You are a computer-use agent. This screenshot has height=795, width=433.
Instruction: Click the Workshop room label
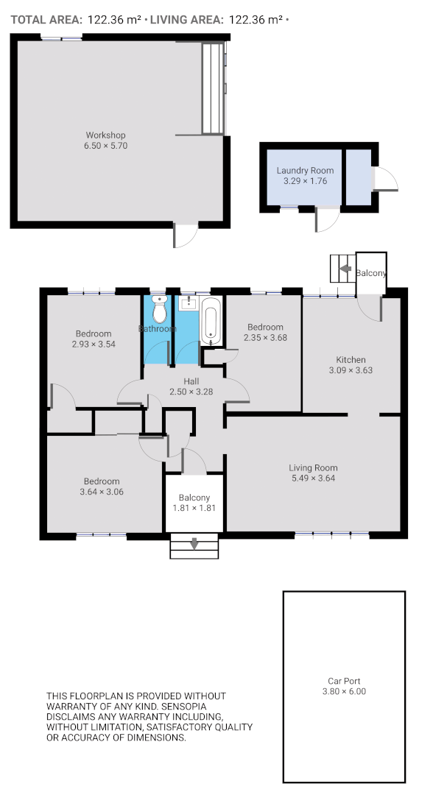(105, 135)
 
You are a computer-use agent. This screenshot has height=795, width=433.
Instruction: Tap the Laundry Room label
(299, 171)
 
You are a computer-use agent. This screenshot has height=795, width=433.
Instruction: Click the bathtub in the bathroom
(210, 325)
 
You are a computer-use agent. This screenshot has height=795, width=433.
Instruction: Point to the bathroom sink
(188, 302)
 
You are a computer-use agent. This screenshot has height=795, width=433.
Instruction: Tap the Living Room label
(313, 467)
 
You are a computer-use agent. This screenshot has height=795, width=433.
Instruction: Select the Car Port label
(344, 681)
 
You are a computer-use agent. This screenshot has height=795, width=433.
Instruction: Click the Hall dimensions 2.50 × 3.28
(191, 392)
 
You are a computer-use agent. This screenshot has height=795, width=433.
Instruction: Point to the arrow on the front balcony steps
(194, 544)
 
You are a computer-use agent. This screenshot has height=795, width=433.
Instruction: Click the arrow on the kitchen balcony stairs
(344, 269)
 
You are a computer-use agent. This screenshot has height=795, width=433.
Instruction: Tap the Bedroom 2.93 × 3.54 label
(94, 333)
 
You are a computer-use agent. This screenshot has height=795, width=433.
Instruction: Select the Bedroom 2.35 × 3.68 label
(265, 328)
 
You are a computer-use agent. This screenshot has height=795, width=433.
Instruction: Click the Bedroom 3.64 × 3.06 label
(102, 481)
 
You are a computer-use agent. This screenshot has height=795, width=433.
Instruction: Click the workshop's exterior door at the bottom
(185, 236)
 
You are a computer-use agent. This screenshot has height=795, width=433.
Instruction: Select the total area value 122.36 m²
(114, 20)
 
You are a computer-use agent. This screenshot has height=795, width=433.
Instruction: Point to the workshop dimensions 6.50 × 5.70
(105, 146)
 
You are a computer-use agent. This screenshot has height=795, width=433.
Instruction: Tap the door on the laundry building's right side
(385, 178)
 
